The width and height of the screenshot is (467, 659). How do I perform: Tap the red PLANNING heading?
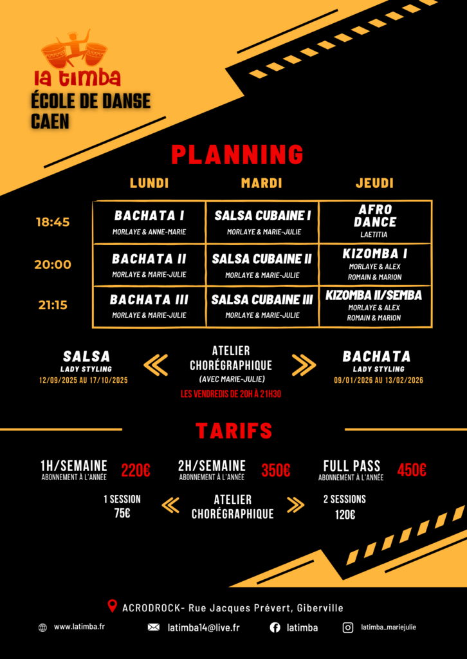coord(237,155)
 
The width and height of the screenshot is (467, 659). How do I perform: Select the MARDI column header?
coord(261,183)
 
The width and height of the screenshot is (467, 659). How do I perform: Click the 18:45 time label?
coord(53,222)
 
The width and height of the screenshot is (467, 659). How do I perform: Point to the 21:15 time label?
coord(53,305)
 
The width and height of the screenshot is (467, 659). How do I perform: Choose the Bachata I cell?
coord(149,222)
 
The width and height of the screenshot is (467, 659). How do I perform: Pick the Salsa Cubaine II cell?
coord(262,265)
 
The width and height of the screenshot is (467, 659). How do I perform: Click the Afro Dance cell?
coord(375,222)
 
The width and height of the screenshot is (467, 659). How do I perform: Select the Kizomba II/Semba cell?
coord(375,306)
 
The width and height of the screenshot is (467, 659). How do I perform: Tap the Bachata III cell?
coord(149,306)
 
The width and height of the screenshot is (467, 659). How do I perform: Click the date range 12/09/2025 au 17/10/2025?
coord(84,380)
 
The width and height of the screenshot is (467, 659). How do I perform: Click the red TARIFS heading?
coord(234,431)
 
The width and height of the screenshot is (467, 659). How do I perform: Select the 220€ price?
coord(136,470)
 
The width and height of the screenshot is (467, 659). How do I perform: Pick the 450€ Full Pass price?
coord(412,470)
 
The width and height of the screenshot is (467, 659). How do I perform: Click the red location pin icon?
coord(112,606)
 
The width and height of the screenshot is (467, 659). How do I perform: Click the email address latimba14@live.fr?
coord(204,628)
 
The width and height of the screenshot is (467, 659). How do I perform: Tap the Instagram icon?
coord(348,628)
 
